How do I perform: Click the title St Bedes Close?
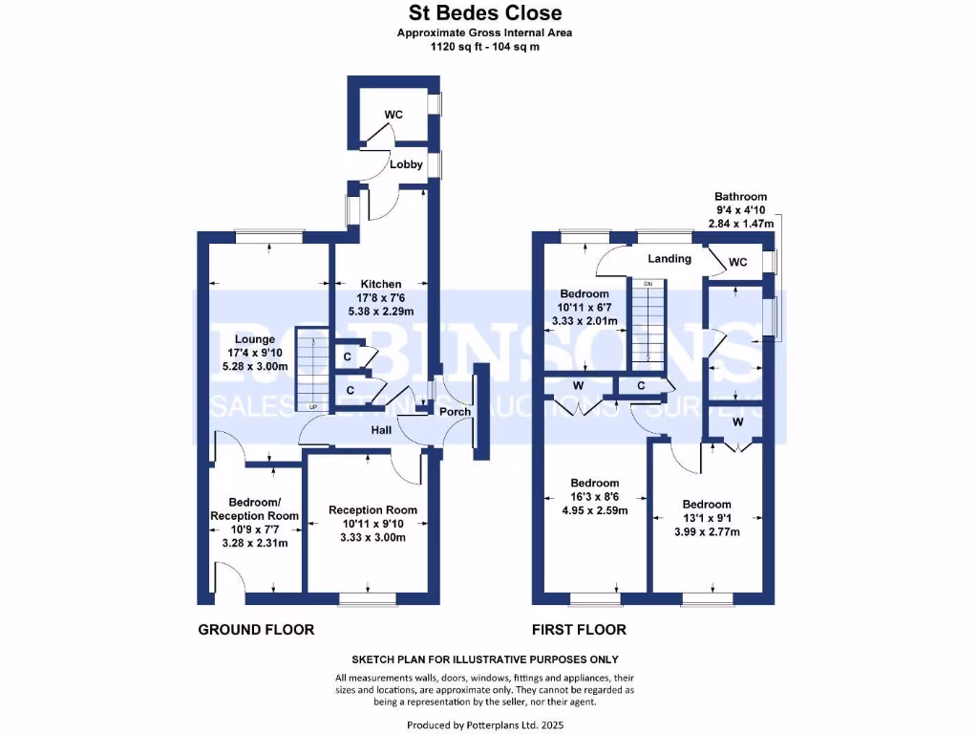(x=485, y=13)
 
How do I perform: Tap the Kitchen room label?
(x=380, y=284)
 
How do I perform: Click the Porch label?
(x=455, y=413)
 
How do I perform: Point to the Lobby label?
(x=405, y=164)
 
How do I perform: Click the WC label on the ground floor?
(x=393, y=115)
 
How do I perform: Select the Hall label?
(x=382, y=431)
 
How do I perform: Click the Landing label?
(x=669, y=259)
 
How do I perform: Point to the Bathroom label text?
(x=740, y=197)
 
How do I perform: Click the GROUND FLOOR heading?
(x=256, y=630)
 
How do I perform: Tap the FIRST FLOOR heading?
(x=579, y=630)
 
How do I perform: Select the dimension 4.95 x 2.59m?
(x=594, y=510)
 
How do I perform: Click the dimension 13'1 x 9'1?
(x=706, y=519)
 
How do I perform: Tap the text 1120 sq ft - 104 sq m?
(x=485, y=45)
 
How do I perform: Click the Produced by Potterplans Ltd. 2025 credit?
(x=485, y=725)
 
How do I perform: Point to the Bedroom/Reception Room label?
(x=254, y=509)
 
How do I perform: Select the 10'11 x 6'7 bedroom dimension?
(x=585, y=307)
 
